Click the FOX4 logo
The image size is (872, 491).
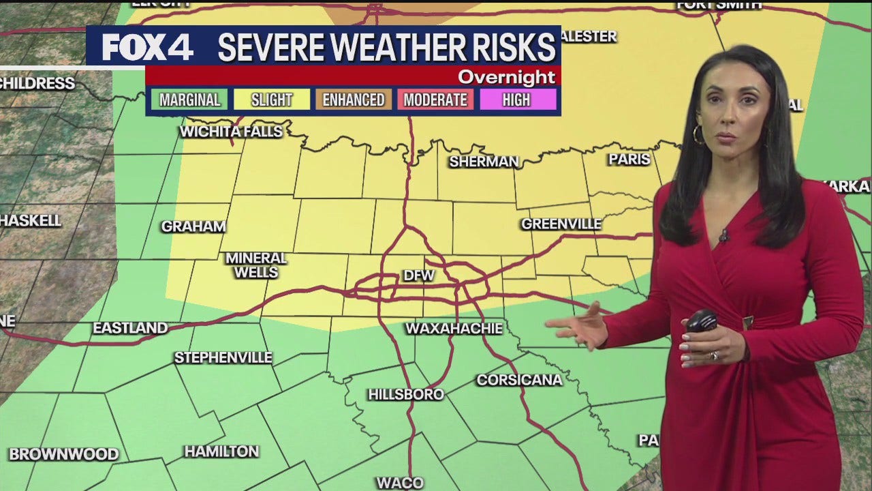pyautogui.click(x=147, y=46)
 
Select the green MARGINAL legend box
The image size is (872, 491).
pyautogui.click(x=189, y=100)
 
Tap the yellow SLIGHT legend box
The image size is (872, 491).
pyautogui.click(x=271, y=100)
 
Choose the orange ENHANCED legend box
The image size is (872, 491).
pyautogui.click(x=353, y=100)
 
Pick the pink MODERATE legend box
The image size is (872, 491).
pyautogui.click(x=435, y=100)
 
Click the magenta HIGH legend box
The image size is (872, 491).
pyautogui.click(x=516, y=100)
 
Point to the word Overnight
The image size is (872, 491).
pyautogui.click(x=506, y=77)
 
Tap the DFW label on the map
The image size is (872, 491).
pyautogui.click(x=419, y=276)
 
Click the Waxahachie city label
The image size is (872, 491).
pyautogui.click(x=454, y=329)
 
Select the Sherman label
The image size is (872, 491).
pyautogui.click(x=484, y=162)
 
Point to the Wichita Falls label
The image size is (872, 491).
pyautogui.click(x=231, y=131)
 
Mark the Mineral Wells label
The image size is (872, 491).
pyautogui.click(x=256, y=265)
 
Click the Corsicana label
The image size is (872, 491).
pyautogui.click(x=519, y=380)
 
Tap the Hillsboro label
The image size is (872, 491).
pyautogui.click(x=406, y=394)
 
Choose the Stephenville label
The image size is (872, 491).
pyautogui.click(x=223, y=357)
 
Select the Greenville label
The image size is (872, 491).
pyautogui.click(x=561, y=224)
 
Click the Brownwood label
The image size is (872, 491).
pyautogui.click(x=63, y=454)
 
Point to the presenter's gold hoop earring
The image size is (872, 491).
pyautogui.click(x=698, y=134)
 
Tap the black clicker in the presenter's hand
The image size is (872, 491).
pyautogui.click(x=702, y=320)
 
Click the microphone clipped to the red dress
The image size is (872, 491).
pyautogui.click(x=723, y=236)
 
